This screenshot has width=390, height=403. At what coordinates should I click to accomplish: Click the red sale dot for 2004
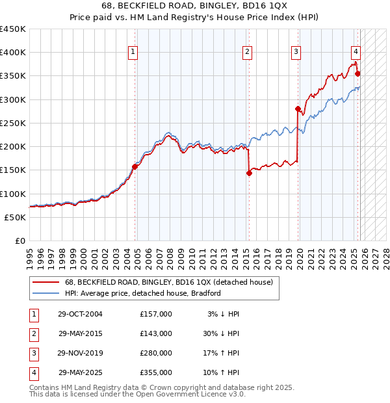pyautogui.click(x=135, y=166)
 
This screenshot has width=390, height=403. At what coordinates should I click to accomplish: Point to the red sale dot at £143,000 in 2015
pyautogui.click(x=249, y=173)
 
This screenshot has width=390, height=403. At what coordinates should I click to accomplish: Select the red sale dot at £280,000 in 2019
pyautogui.click(x=298, y=109)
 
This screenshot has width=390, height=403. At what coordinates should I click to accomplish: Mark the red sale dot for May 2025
pyautogui.click(x=357, y=73)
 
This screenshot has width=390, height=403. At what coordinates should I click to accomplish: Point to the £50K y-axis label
pyautogui.click(x=16, y=217)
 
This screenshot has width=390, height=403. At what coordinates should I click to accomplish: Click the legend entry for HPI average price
pyautogui.click(x=143, y=293)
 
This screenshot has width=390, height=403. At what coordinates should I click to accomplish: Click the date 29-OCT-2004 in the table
pyautogui.click(x=81, y=314)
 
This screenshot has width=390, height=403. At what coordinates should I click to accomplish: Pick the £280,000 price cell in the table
pyautogui.click(x=156, y=353)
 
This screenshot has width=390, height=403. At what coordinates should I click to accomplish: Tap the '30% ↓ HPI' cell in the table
pyautogui.click(x=220, y=333)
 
